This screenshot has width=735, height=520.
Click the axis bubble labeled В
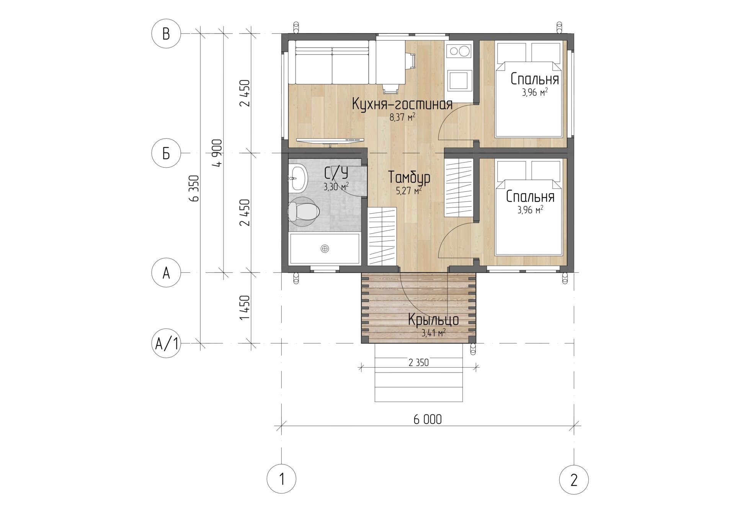tap(166, 34)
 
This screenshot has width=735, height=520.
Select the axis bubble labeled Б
tap(166, 153)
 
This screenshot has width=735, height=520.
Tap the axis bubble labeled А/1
tap(166, 343)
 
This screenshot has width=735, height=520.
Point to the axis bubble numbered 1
tap(282, 479)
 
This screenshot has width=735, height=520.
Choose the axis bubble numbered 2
tap(574, 479)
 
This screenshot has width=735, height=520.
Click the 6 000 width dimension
tap(428, 419)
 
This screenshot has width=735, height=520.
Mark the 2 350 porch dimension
tap(418, 362)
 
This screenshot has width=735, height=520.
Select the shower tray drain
tap(325, 249)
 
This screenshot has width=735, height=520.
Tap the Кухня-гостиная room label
tap(402, 104)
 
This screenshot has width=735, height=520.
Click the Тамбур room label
tap(409, 177)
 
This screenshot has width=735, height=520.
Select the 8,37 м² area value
tap(402, 117)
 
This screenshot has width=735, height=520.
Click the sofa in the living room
tap(332, 62)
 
